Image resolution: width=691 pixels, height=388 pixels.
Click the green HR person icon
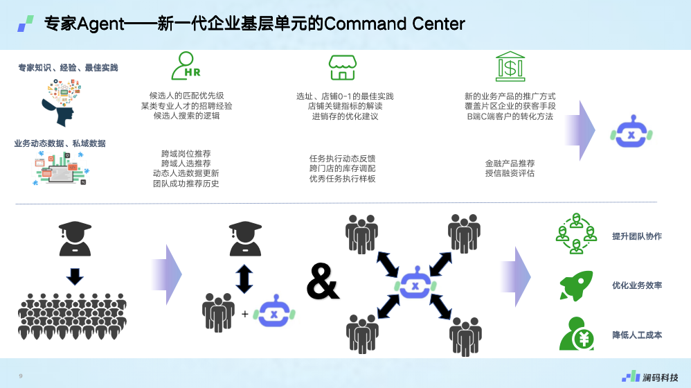point(185,66)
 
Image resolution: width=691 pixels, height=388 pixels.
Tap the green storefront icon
point(341,67)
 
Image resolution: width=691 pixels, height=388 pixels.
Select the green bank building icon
point(510,66)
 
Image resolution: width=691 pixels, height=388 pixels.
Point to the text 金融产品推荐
point(510,164)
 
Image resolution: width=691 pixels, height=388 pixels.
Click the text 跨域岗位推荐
point(186,154)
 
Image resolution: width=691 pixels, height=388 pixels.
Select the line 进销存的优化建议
point(344,116)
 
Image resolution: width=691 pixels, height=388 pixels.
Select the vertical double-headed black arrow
point(244,276)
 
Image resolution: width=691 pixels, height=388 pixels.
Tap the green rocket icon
point(575,285)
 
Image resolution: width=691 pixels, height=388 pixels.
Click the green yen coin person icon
point(575,334)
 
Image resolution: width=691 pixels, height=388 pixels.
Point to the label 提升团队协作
point(636,236)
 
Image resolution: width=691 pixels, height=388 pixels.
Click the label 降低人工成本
point(636,335)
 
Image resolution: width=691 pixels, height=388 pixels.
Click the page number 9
point(21,376)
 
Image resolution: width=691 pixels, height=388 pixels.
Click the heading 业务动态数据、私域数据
point(60,143)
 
